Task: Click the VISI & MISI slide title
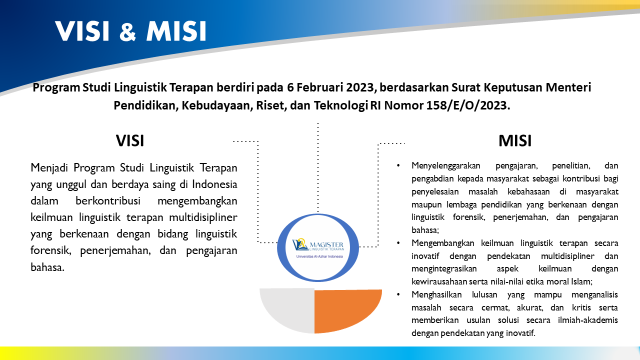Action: [130, 31]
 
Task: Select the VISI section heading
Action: [130, 141]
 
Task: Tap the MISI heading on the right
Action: [515, 141]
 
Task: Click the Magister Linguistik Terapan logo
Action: [318, 247]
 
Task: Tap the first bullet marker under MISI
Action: [398, 165]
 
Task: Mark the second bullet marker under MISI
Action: [398, 243]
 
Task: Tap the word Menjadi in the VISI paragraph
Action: [49, 167]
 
